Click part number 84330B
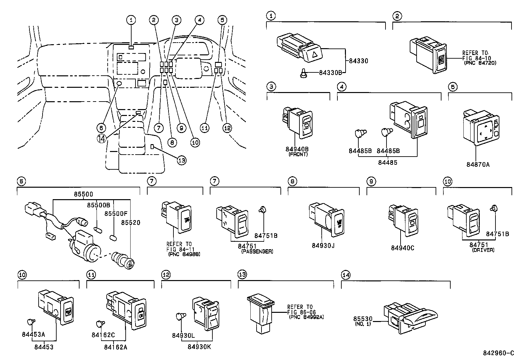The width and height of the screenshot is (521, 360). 331,72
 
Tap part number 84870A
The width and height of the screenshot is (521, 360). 478,164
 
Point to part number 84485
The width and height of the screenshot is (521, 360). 388,162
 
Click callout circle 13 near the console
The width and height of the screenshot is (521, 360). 182,160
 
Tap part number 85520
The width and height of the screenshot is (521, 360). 131,223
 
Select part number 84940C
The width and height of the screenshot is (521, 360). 403,248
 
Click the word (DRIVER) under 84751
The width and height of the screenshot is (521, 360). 483,250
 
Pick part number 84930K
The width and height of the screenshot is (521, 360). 200,347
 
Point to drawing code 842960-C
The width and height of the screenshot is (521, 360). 498,353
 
